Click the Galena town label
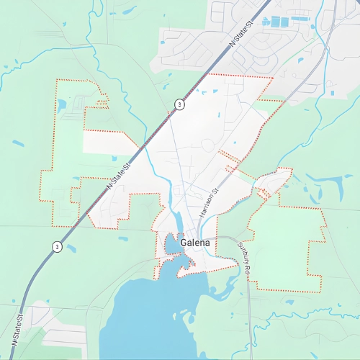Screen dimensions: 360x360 (x=196, y=243)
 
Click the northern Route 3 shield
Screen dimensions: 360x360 (x=179, y=104)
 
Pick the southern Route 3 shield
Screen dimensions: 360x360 (x=56, y=247)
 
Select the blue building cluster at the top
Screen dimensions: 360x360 (x=281, y=21)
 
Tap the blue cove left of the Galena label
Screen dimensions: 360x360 (x=173, y=246)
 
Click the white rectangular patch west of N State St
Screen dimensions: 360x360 (x=108, y=142)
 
